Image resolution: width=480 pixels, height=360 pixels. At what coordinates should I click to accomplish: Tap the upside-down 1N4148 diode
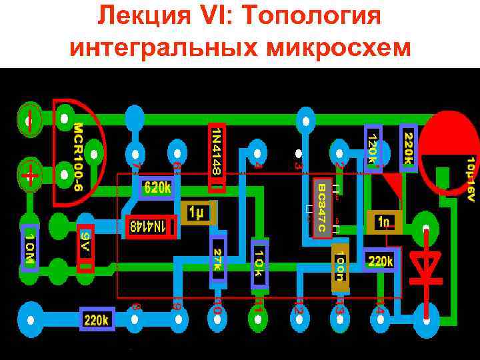coord(151,227)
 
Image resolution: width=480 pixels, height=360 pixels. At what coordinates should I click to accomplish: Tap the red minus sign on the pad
coord(30,119)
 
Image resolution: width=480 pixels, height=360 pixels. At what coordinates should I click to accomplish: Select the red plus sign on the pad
coord(29,175)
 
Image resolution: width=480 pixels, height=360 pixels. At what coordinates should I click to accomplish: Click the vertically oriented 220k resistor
coord(408,145)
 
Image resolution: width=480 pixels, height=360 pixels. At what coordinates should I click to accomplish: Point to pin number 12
coord(299,306)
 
